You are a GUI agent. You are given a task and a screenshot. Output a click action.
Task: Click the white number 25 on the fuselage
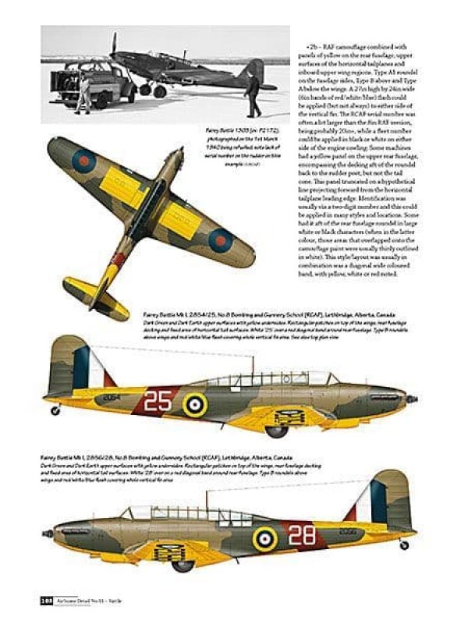(158, 400)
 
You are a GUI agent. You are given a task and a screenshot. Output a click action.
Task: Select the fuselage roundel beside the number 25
(196, 403)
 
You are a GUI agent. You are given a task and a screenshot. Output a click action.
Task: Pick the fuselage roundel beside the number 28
(264, 537)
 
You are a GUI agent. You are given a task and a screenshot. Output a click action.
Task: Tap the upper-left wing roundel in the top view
(81, 161)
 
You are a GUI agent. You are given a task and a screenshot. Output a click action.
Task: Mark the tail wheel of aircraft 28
(404, 545)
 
